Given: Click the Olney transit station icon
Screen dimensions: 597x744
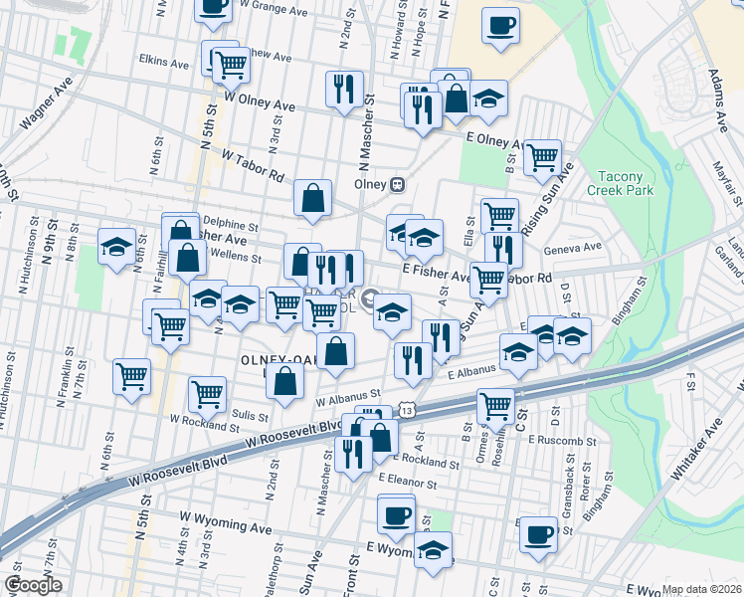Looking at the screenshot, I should point(397,184).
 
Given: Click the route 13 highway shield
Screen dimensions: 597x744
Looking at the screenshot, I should point(408,410).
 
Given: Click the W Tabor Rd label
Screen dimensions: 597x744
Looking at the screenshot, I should point(255,165).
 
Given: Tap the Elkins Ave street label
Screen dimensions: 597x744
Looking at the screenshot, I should point(164,63).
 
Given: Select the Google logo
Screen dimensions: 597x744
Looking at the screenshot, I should point(33,585).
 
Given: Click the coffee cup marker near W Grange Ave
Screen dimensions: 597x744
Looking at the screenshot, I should point(214,8).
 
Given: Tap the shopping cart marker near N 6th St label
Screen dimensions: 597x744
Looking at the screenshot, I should point(132,376).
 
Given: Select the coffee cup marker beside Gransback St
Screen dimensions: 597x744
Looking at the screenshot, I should point(539,532).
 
